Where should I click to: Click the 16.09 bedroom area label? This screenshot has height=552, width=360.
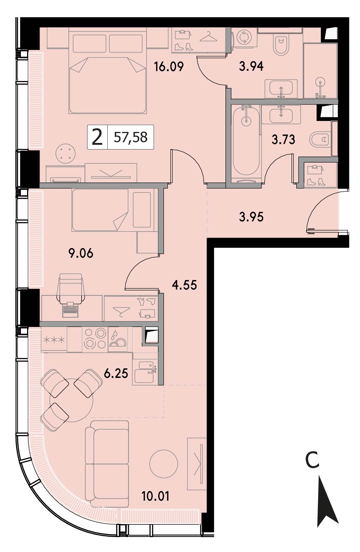pos(169,67)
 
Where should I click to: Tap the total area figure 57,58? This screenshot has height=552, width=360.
pos(130,137)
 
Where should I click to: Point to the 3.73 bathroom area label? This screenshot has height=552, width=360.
pos(283,139)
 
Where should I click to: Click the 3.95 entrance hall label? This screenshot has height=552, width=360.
pos(251,217)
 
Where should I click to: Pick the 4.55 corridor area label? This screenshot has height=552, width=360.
pos(185,285)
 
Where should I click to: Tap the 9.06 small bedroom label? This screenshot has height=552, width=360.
pos(81,253)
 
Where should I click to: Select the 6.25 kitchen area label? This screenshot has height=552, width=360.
pos(116,373)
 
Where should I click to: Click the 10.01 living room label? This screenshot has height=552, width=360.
pos(156,496)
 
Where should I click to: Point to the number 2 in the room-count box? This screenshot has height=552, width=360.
pos(97,137)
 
